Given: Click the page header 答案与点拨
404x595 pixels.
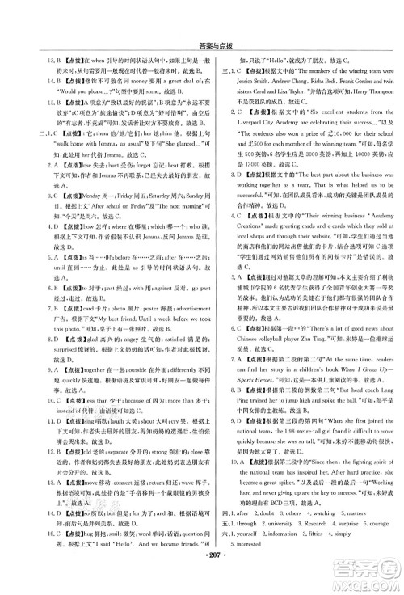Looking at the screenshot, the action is pyautogui.click(x=201, y=11).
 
